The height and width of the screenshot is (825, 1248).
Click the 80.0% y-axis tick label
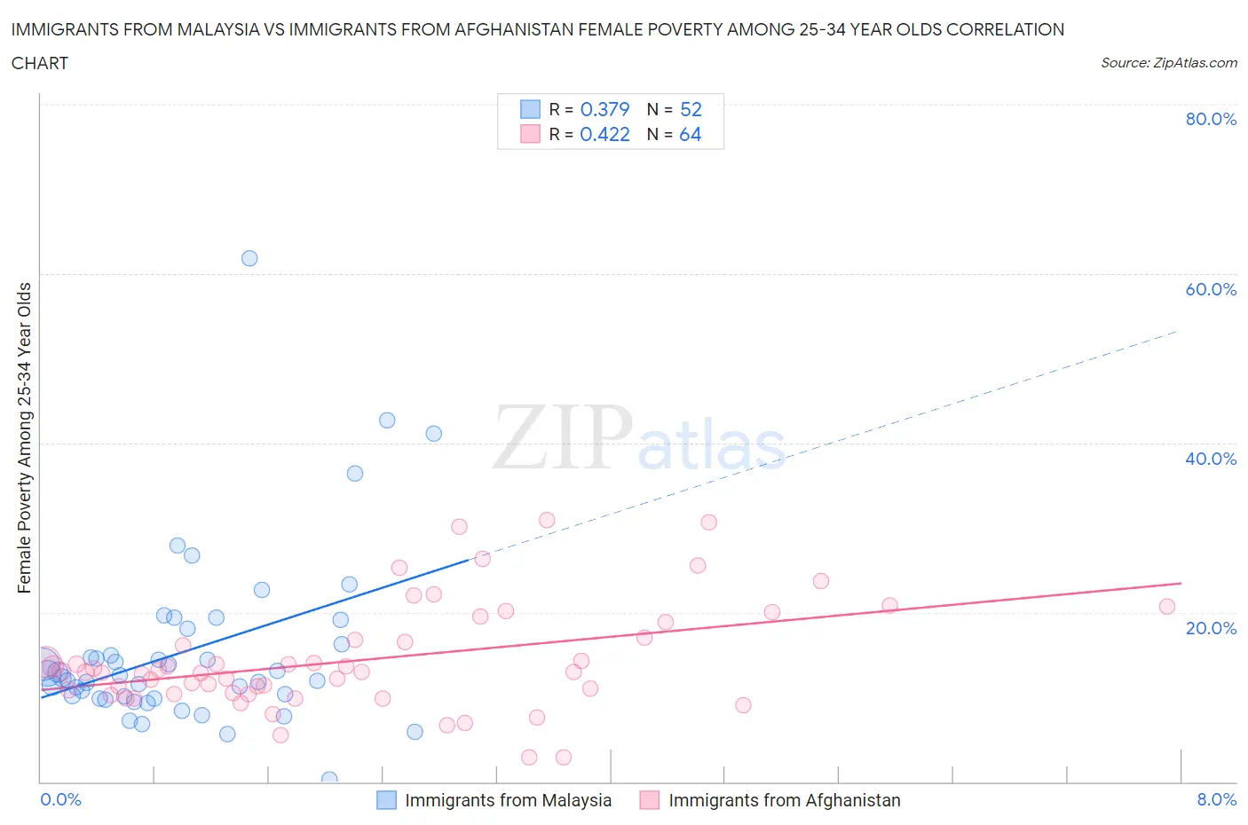pyautogui.click(x=1211, y=119)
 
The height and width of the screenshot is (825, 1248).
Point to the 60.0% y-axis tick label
pyautogui.click(x=1211, y=289)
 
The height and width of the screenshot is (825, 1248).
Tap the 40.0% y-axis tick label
pyautogui.click(x=1211, y=459)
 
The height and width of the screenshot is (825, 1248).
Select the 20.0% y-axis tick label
pyautogui.click(x=1211, y=628)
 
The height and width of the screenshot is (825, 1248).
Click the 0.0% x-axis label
pyautogui.click(x=60, y=799)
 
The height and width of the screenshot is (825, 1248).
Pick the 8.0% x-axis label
pyautogui.click(x=1216, y=799)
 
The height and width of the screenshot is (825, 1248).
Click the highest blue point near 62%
pyautogui.click(x=249, y=258)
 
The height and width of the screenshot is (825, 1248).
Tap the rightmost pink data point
pyautogui.click(x=1167, y=607)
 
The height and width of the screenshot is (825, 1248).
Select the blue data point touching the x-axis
pyautogui.click(x=329, y=779)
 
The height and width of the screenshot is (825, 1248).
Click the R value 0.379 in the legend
pyautogui.click(x=604, y=109)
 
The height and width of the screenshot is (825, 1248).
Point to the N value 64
pyautogui.click(x=690, y=134)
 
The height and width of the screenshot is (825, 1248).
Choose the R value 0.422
pyautogui.click(x=604, y=134)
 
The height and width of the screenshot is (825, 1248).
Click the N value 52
pyautogui.click(x=691, y=109)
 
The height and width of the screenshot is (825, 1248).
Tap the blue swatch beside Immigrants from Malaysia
pyautogui.click(x=386, y=800)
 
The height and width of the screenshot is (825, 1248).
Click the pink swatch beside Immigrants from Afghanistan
pyautogui.click(x=650, y=800)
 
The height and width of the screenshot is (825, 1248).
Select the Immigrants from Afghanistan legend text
pyautogui.click(x=784, y=800)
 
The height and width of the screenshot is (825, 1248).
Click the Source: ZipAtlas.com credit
pyautogui.click(x=1168, y=62)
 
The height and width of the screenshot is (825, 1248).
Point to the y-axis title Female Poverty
pyautogui.click(x=24, y=437)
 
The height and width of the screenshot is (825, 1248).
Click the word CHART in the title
pyautogui.click(x=40, y=63)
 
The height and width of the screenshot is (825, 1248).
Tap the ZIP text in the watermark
pyautogui.click(x=563, y=437)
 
